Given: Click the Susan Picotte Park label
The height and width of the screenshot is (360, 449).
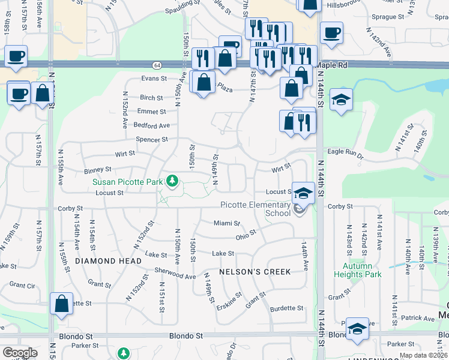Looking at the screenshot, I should coord(128,181).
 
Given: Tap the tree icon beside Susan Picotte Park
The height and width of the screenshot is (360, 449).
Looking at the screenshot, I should coord(173,181).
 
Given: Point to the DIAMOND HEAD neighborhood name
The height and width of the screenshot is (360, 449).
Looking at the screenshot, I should coord(108,261).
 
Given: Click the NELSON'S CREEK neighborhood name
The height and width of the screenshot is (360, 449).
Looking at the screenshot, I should coord(255,272).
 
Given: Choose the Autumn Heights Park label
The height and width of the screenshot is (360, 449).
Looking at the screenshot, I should coord(363,270).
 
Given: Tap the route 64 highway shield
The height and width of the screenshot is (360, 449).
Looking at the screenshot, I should coord(157,65).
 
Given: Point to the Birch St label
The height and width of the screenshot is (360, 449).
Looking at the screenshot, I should coord(151,98).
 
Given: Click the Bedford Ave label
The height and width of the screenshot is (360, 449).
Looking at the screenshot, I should coord(152,125).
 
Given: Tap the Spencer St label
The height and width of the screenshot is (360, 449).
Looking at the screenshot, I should coord(152,140).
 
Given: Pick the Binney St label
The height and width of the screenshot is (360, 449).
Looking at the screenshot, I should coord(98,170).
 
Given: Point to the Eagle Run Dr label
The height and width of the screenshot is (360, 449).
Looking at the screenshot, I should coord(345,152).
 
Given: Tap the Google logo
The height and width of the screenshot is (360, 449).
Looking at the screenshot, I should coord(20,352).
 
